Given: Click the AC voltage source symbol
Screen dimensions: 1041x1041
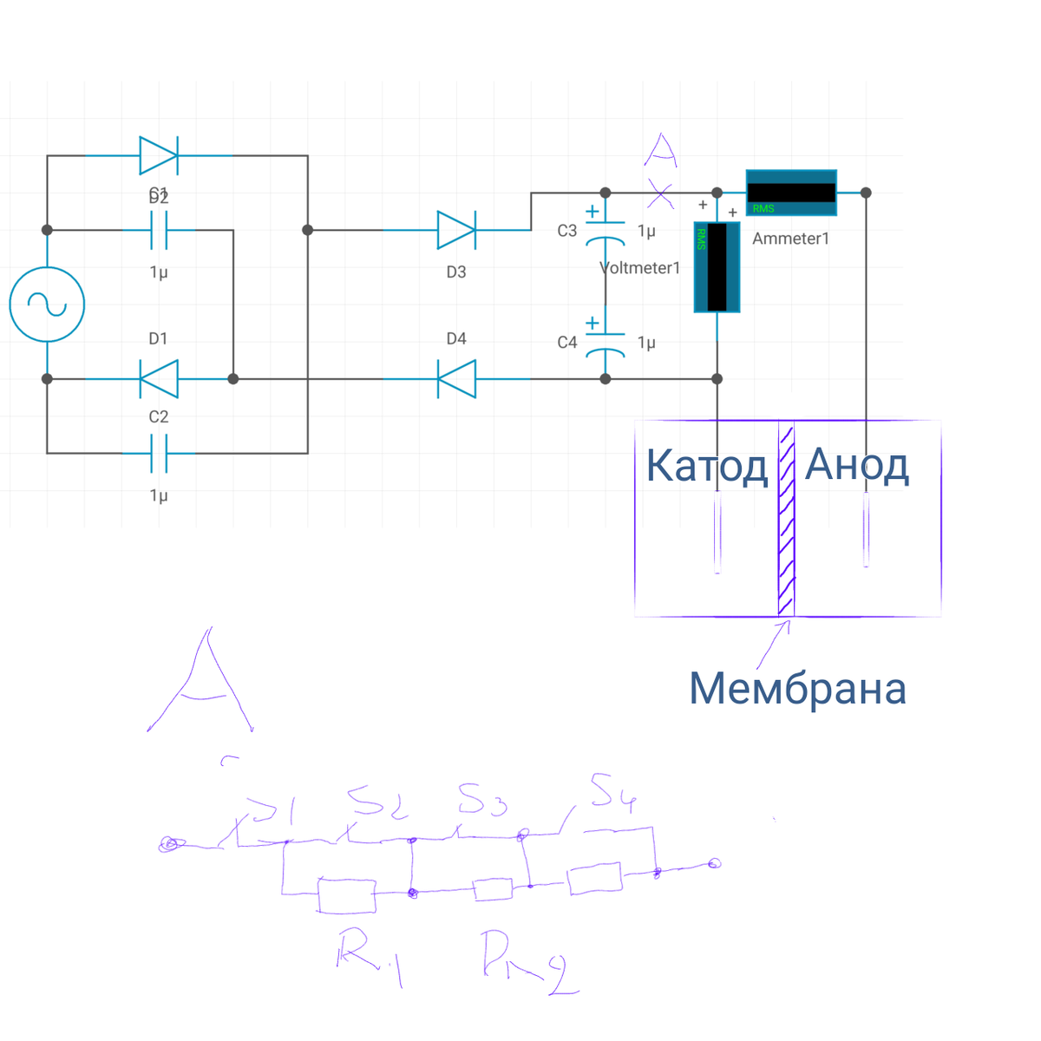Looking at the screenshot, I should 47,304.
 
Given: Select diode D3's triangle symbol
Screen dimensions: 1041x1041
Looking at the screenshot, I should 455,230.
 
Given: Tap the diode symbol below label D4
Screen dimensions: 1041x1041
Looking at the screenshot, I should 455,379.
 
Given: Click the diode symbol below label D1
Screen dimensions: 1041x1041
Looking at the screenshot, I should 159,379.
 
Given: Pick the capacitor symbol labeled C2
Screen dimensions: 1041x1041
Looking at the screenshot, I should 159,453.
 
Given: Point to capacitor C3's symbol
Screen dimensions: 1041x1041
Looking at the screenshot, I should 606,230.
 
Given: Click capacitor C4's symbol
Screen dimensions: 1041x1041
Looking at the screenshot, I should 606,343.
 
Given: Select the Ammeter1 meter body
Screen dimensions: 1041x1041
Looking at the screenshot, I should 791,193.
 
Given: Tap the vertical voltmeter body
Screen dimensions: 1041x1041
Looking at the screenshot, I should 717,267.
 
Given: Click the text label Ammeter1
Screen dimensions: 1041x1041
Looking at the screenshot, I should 790,239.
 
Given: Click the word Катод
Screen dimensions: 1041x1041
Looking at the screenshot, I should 706,466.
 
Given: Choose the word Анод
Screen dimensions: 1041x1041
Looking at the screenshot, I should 856,466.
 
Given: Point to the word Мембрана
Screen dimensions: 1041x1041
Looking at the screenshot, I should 797,689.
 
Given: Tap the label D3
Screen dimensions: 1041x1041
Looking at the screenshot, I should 456,272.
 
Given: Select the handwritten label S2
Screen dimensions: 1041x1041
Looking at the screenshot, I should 378,802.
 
